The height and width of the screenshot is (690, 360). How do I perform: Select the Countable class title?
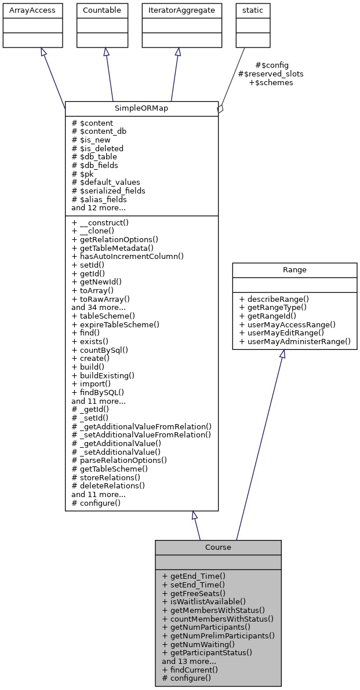[x=103, y=10]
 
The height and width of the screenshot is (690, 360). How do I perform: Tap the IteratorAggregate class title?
[x=177, y=10]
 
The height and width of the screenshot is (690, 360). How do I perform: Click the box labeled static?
[x=252, y=10]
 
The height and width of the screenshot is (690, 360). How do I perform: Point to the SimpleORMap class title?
[x=141, y=108]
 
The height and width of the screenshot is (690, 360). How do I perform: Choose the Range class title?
[x=294, y=270]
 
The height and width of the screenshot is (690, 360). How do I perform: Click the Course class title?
[x=218, y=547]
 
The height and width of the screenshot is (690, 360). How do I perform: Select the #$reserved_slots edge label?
[x=271, y=74]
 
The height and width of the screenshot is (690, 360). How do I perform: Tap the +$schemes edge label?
[x=271, y=83]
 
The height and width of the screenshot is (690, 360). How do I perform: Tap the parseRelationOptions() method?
[x=119, y=460]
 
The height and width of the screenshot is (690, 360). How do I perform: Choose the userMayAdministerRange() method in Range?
[x=294, y=342]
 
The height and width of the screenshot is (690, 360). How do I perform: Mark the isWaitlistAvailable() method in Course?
[x=203, y=601]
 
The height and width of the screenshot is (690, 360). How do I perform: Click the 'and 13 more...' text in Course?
[x=189, y=661]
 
